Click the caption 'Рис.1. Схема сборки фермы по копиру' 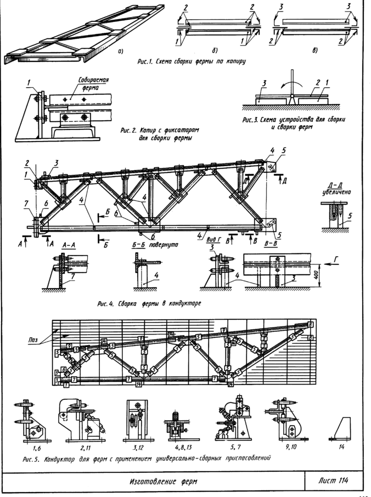click(x=191, y=61)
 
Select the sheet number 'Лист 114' click(x=333, y=481)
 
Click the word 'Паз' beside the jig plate click(x=32, y=340)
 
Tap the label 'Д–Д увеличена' click(x=336, y=189)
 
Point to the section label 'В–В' click(x=271, y=244)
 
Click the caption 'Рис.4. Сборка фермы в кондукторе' click(x=149, y=303)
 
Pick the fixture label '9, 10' click(x=289, y=447)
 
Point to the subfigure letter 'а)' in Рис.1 click(x=120, y=51)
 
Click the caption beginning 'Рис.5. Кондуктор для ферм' click(x=147, y=459)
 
